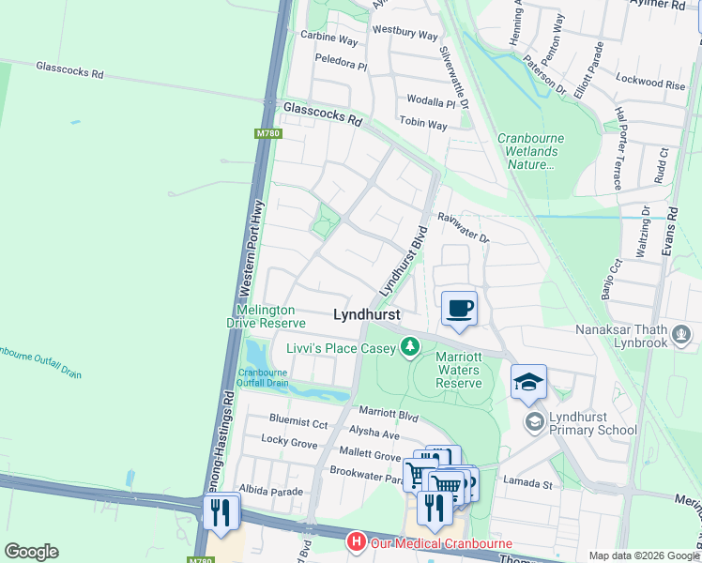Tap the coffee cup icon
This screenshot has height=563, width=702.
pyautogui.click(x=459, y=309)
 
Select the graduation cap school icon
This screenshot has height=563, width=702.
pyautogui.click(x=528, y=382)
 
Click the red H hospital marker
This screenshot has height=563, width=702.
pyautogui.click(x=356, y=542)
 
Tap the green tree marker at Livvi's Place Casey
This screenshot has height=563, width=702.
pyautogui.click(x=409, y=348)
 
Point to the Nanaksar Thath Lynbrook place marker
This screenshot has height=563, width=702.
pyautogui.click(x=682, y=334)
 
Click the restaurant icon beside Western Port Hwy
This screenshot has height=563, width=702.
pyautogui.click(x=221, y=512)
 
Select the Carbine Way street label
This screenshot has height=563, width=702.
pyautogui.click(x=329, y=41)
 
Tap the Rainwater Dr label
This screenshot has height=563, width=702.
pyautogui.click(x=464, y=227)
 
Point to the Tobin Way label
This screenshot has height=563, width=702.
pyautogui.click(x=423, y=124)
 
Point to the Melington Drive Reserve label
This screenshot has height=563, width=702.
pyautogui.click(x=266, y=316)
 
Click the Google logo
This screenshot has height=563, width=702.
pyautogui.click(x=31, y=551)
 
